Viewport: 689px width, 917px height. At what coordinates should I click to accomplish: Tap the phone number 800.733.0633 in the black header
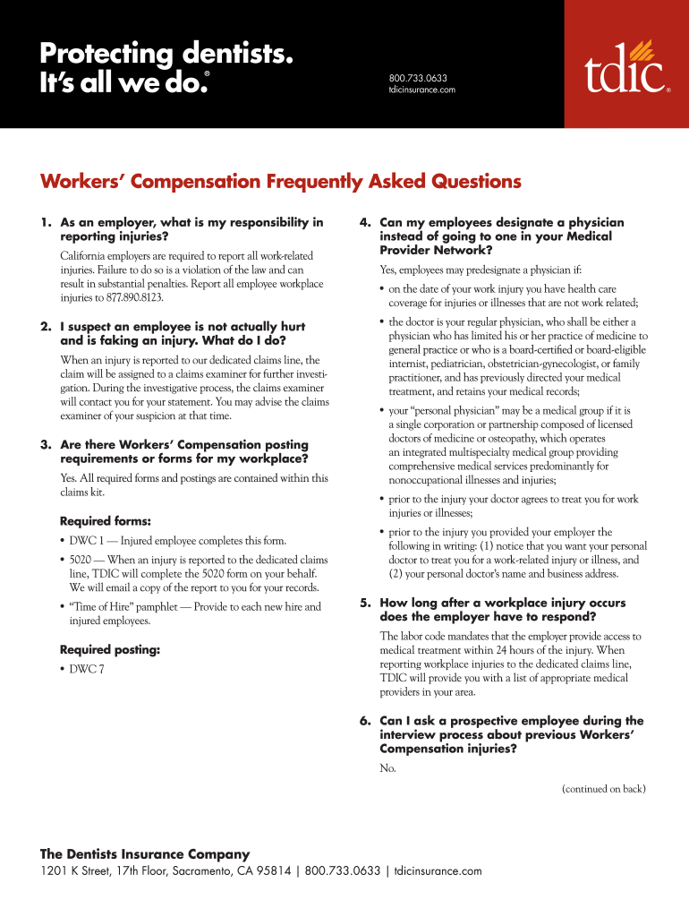coord(418,77)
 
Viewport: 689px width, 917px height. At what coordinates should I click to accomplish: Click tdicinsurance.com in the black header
coord(422,90)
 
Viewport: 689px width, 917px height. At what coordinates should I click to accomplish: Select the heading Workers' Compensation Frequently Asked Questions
coord(280,182)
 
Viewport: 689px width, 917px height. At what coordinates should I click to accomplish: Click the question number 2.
coord(45,327)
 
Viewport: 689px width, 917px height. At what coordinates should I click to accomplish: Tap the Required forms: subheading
coord(106,521)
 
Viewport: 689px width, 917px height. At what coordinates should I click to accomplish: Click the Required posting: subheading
coord(110,650)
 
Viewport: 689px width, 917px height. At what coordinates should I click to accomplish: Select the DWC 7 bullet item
coord(87,670)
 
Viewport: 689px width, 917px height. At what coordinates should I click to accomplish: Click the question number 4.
coord(365,222)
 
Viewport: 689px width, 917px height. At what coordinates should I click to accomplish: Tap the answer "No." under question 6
coord(387,768)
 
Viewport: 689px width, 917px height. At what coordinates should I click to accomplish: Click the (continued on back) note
coord(603,789)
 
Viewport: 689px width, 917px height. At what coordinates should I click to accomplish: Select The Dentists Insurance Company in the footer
coord(145,854)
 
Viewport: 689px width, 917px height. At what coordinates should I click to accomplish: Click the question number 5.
coord(365,603)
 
